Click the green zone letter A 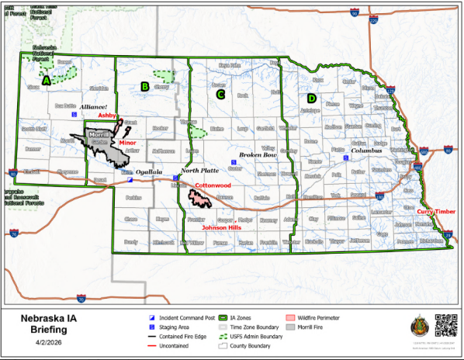47,79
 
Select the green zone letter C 220,95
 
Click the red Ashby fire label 106,115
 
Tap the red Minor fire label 127,144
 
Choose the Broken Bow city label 258,155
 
